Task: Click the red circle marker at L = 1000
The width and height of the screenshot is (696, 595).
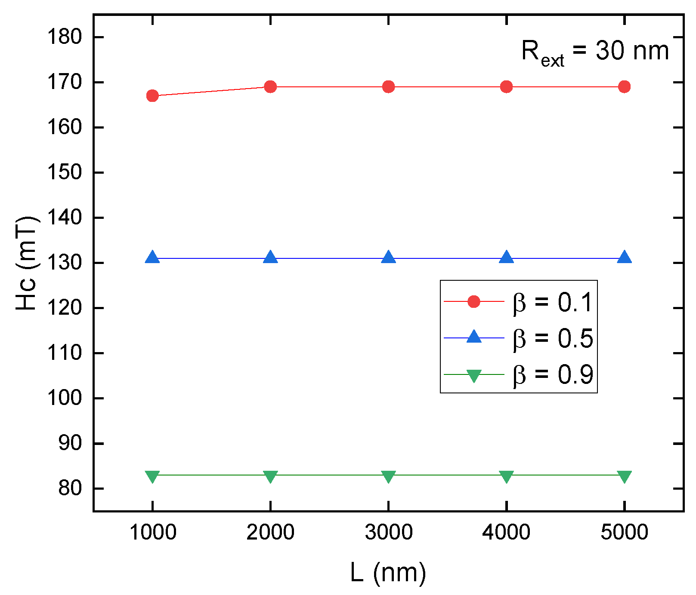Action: [x=152, y=96]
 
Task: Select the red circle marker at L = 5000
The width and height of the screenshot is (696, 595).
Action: [x=624, y=87]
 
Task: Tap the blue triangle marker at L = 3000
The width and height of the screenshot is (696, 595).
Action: [x=388, y=258]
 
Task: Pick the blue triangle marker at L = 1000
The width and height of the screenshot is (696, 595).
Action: [x=152, y=258]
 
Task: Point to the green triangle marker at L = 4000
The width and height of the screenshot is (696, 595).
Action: [x=506, y=476]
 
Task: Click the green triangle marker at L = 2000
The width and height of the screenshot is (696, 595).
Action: [x=270, y=476]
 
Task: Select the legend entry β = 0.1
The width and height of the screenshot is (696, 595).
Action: [x=553, y=302]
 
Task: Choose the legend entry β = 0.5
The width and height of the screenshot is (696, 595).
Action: [x=553, y=338]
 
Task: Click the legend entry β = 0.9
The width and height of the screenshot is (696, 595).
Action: [x=553, y=374]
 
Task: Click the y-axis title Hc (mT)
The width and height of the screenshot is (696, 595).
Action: [x=27, y=263]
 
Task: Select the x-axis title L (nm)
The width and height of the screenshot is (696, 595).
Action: [x=388, y=573]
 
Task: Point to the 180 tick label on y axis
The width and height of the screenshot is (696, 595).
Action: [x=64, y=37]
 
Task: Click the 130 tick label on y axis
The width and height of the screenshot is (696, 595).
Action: [x=64, y=263]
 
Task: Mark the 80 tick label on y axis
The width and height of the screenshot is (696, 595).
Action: [x=70, y=488]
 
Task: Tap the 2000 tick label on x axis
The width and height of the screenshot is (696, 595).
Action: [x=270, y=532]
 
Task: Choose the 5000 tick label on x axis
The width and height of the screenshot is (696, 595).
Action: [x=624, y=532]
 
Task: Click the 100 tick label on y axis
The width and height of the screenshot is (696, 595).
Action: [x=64, y=398]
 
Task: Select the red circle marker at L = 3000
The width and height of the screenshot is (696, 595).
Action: [x=388, y=87]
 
